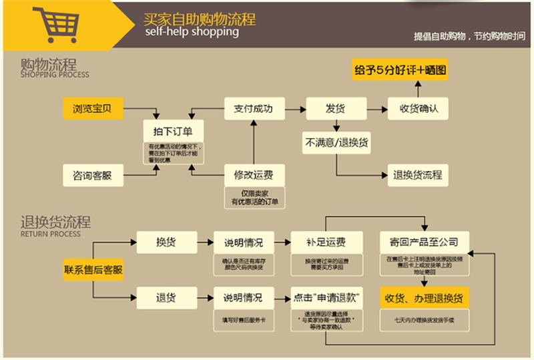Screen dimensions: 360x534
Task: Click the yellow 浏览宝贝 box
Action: (93, 108)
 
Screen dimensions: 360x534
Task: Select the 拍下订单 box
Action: (173, 131)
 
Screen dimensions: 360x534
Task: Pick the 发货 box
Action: (334, 108)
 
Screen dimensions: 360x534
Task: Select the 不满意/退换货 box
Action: (338, 142)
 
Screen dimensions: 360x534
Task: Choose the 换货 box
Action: (165, 242)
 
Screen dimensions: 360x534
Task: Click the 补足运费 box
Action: (326, 242)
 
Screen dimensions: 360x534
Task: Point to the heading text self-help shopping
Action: (191, 31)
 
